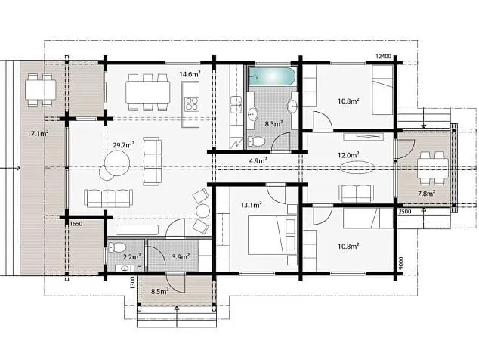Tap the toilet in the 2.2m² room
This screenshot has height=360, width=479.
pos(117,247)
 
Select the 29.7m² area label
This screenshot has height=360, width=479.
pos(123,144)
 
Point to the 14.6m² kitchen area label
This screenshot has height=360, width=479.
pos(190,73)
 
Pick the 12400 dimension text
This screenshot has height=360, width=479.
pos(383,56)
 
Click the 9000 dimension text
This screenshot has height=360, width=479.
pos(401,262)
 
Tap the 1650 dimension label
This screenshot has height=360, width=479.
pos(76,224)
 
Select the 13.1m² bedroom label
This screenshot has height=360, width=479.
pos(251,205)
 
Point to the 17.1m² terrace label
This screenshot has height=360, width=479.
pos(38,133)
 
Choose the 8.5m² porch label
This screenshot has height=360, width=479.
pos(159,291)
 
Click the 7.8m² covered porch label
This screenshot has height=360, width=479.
pos(426,194)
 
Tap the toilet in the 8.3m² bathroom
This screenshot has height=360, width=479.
pos(257,141)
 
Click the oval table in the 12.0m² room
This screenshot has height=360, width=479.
pos(357,167)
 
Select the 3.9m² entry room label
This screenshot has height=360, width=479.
pos(181,256)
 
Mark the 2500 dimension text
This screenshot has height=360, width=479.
pos(405,212)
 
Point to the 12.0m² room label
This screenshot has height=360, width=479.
pos(348,155)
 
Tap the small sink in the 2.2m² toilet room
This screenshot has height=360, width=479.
pos(125,268)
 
